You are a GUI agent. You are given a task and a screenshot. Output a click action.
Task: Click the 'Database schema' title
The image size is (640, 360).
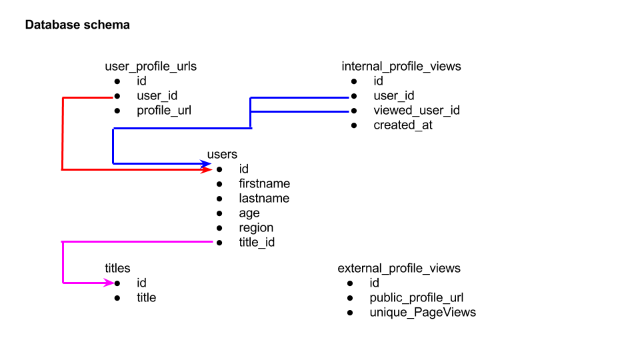(x=77, y=25)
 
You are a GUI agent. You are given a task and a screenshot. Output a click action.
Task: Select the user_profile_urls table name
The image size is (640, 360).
(x=151, y=67)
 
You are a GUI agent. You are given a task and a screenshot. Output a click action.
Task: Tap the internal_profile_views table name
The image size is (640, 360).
(x=401, y=67)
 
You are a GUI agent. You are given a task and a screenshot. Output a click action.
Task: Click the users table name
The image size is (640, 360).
(x=222, y=155)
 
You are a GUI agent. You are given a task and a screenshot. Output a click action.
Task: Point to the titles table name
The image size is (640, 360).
(x=117, y=268)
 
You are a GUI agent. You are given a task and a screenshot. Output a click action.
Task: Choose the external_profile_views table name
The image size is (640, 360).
(x=399, y=268)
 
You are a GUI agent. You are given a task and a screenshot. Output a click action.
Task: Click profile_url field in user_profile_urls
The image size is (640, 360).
(x=164, y=111)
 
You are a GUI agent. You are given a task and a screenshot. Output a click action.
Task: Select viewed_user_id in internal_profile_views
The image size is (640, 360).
(x=416, y=111)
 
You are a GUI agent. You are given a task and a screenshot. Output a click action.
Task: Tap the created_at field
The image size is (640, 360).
(x=403, y=125)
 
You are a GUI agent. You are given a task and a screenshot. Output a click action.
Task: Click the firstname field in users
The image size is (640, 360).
(x=264, y=184)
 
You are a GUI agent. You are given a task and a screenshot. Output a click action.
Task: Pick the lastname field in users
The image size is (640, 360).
(x=264, y=199)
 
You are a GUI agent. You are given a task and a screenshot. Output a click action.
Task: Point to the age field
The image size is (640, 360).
(x=249, y=213)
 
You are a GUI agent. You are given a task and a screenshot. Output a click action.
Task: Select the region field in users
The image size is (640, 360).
(x=256, y=228)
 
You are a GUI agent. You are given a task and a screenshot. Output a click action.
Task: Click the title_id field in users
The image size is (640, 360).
(x=257, y=243)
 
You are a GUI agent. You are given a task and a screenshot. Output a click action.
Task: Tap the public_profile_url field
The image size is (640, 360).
(x=416, y=297)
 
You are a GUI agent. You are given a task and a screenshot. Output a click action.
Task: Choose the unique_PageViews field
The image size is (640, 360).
(x=423, y=312)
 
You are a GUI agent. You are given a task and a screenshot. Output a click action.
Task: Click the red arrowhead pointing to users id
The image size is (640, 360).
(x=207, y=170)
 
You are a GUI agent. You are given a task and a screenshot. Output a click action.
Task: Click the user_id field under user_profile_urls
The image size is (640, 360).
(x=157, y=96)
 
